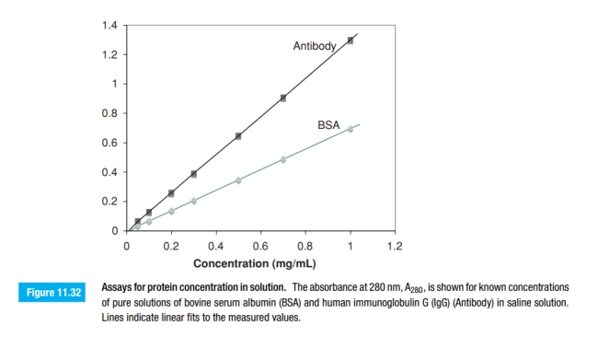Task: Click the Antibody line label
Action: [x=315, y=45]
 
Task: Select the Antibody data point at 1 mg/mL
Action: [x=350, y=41]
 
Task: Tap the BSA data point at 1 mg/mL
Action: [x=350, y=129]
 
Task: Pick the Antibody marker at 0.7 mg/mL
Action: [x=283, y=98]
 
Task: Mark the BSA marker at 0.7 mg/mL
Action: [x=283, y=159]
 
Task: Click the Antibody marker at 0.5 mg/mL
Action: [x=238, y=136]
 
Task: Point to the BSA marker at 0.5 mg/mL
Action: [x=238, y=180]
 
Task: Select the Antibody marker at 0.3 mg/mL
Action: [x=193, y=174]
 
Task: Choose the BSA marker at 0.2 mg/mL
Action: [x=171, y=211]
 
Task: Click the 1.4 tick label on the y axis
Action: [x=109, y=25]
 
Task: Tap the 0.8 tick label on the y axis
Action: [x=109, y=113]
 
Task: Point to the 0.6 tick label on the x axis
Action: [x=260, y=247]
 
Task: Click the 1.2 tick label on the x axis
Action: [x=396, y=247]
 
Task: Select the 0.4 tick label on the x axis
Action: [x=216, y=247]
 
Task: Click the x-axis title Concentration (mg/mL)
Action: [x=260, y=262]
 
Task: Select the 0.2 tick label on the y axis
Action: [x=109, y=201]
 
